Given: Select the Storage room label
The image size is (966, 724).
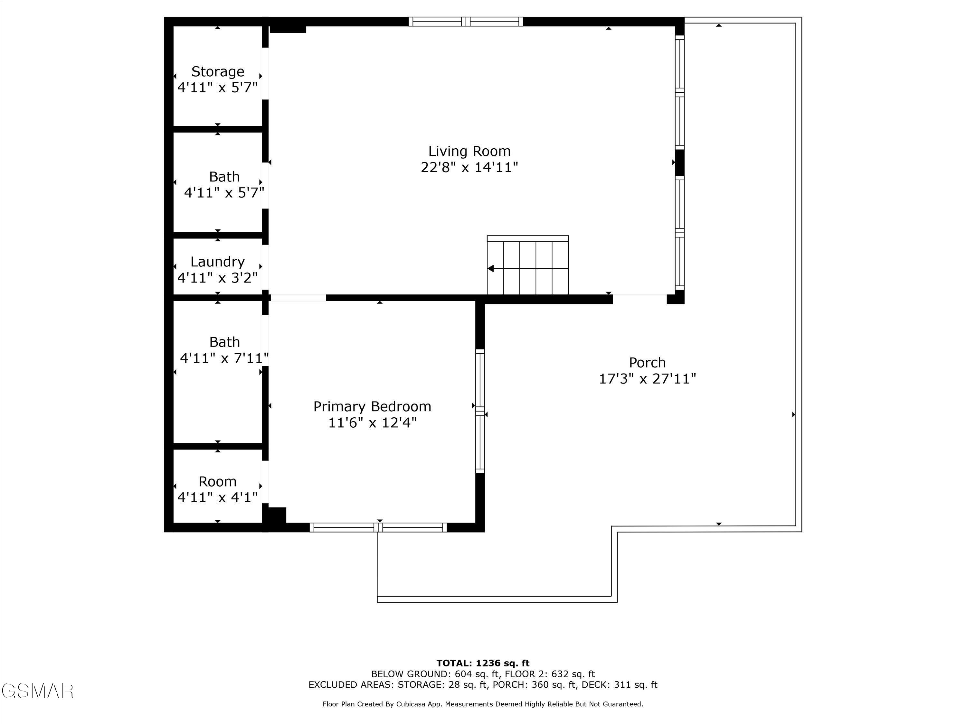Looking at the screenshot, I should tap(217, 71).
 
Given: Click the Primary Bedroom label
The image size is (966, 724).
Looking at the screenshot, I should tap(372, 407).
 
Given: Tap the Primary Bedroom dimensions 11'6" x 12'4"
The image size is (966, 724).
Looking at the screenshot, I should tap(372, 423).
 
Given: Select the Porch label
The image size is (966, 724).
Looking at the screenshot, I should tap(647, 363).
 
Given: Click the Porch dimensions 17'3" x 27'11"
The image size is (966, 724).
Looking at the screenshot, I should tap(647, 379).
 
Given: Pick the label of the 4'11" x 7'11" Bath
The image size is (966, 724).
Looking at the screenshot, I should tap(224, 342).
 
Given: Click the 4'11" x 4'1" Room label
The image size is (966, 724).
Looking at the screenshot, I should tap(217, 482).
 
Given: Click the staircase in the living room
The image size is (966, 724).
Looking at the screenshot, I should tap(527, 266).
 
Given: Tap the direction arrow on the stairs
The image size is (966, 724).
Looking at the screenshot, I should tap(491, 268).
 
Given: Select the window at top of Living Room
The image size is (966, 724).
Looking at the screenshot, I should tap(466, 21).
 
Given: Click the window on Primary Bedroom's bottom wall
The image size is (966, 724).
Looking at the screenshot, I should tap(378, 527).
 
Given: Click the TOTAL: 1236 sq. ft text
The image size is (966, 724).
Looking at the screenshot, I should tap(483, 663).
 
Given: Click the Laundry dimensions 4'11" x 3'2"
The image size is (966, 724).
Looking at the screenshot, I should tap(217, 278).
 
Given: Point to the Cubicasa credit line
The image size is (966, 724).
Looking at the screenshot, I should tap(483, 704).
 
